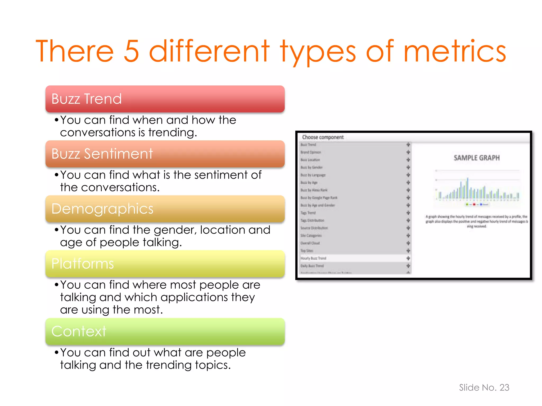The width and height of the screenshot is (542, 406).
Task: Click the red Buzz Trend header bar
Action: tap(165, 99)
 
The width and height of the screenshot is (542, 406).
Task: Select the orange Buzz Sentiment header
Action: tap(165, 154)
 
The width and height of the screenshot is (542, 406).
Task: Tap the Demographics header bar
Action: tap(165, 209)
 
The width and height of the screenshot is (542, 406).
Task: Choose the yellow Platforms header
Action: tap(165, 264)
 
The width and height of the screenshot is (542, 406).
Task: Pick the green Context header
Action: tap(165, 331)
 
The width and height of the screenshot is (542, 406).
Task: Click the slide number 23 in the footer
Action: tap(504, 387)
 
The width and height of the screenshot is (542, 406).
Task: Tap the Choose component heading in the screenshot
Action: tap(323, 137)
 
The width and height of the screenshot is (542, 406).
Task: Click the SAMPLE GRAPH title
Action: tap(477, 158)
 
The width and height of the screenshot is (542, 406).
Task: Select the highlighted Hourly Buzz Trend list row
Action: tap(314, 258)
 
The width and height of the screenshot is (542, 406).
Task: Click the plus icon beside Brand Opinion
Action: tap(408, 152)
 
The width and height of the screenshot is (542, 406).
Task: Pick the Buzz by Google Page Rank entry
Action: tap(319, 198)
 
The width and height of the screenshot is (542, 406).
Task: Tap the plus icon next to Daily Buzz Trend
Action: tap(408, 266)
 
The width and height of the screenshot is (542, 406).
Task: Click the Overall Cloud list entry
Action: tap(310, 243)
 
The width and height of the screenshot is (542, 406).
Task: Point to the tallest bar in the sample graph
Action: tap(468, 188)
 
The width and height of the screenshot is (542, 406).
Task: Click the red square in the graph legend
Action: tap(474, 204)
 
